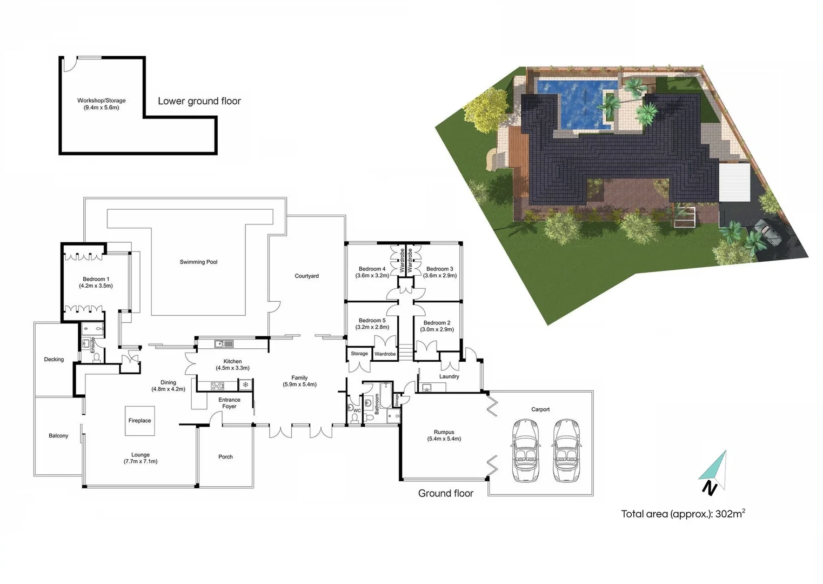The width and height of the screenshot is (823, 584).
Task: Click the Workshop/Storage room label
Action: click(101, 104)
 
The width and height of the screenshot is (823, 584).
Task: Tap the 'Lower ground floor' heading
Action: click(199, 101)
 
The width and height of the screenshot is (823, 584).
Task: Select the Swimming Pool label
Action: click(198, 262)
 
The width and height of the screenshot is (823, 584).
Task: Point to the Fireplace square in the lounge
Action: click(140, 421)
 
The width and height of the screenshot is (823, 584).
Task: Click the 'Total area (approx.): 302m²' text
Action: click(683, 514)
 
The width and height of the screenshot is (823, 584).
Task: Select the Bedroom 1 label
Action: click(96, 282)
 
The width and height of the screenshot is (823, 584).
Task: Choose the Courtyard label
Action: click(306, 276)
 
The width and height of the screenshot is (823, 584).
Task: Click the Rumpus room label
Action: click(444, 435)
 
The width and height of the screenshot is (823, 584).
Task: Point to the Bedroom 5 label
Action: click(372, 324)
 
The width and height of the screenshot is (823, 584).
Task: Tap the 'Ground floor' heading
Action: click(445, 493)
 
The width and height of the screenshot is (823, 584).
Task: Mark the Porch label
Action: click(225, 457)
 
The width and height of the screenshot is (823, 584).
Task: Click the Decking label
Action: click(53, 360)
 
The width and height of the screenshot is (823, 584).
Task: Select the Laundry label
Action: click(449, 377)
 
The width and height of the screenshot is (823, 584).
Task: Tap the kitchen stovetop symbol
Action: click(217, 386)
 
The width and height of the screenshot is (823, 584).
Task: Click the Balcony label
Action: click(58, 436)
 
